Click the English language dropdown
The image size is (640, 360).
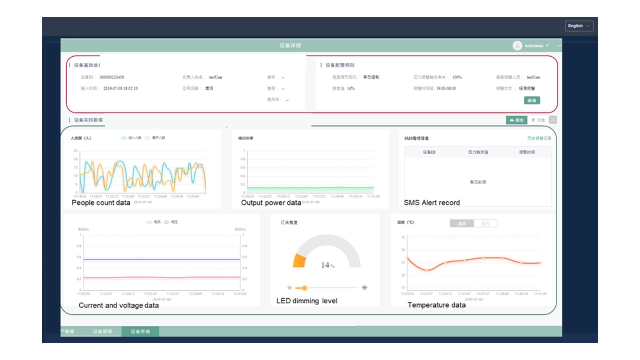click(x=579, y=26)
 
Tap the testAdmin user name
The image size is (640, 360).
click(x=534, y=46)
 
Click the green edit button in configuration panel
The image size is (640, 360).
click(x=532, y=100)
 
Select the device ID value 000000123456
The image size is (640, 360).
click(x=111, y=77)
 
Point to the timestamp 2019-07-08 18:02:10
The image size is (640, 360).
click(x=120, y=88)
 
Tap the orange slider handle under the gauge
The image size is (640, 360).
click(x=304, y=288)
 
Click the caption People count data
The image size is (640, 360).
click(x=101, y=203)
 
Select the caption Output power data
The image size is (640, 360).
click(x=271, y=203)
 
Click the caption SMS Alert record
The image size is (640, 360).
click(x=432, y=203)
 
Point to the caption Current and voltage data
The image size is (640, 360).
click(x=118, y=305)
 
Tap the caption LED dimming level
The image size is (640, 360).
click(x=307, y=301)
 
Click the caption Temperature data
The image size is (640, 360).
click(x=436, y=305)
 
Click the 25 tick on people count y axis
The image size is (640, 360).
click(x=75, y=150)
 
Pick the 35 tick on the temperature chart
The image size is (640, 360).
click(x=403, y=237)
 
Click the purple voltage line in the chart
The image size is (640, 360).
click(x=160, y=259)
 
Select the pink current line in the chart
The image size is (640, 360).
click(x=160, y=277)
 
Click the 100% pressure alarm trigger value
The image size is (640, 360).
click(x=457, y=77)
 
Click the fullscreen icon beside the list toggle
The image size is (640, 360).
click(x=552, y=120)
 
